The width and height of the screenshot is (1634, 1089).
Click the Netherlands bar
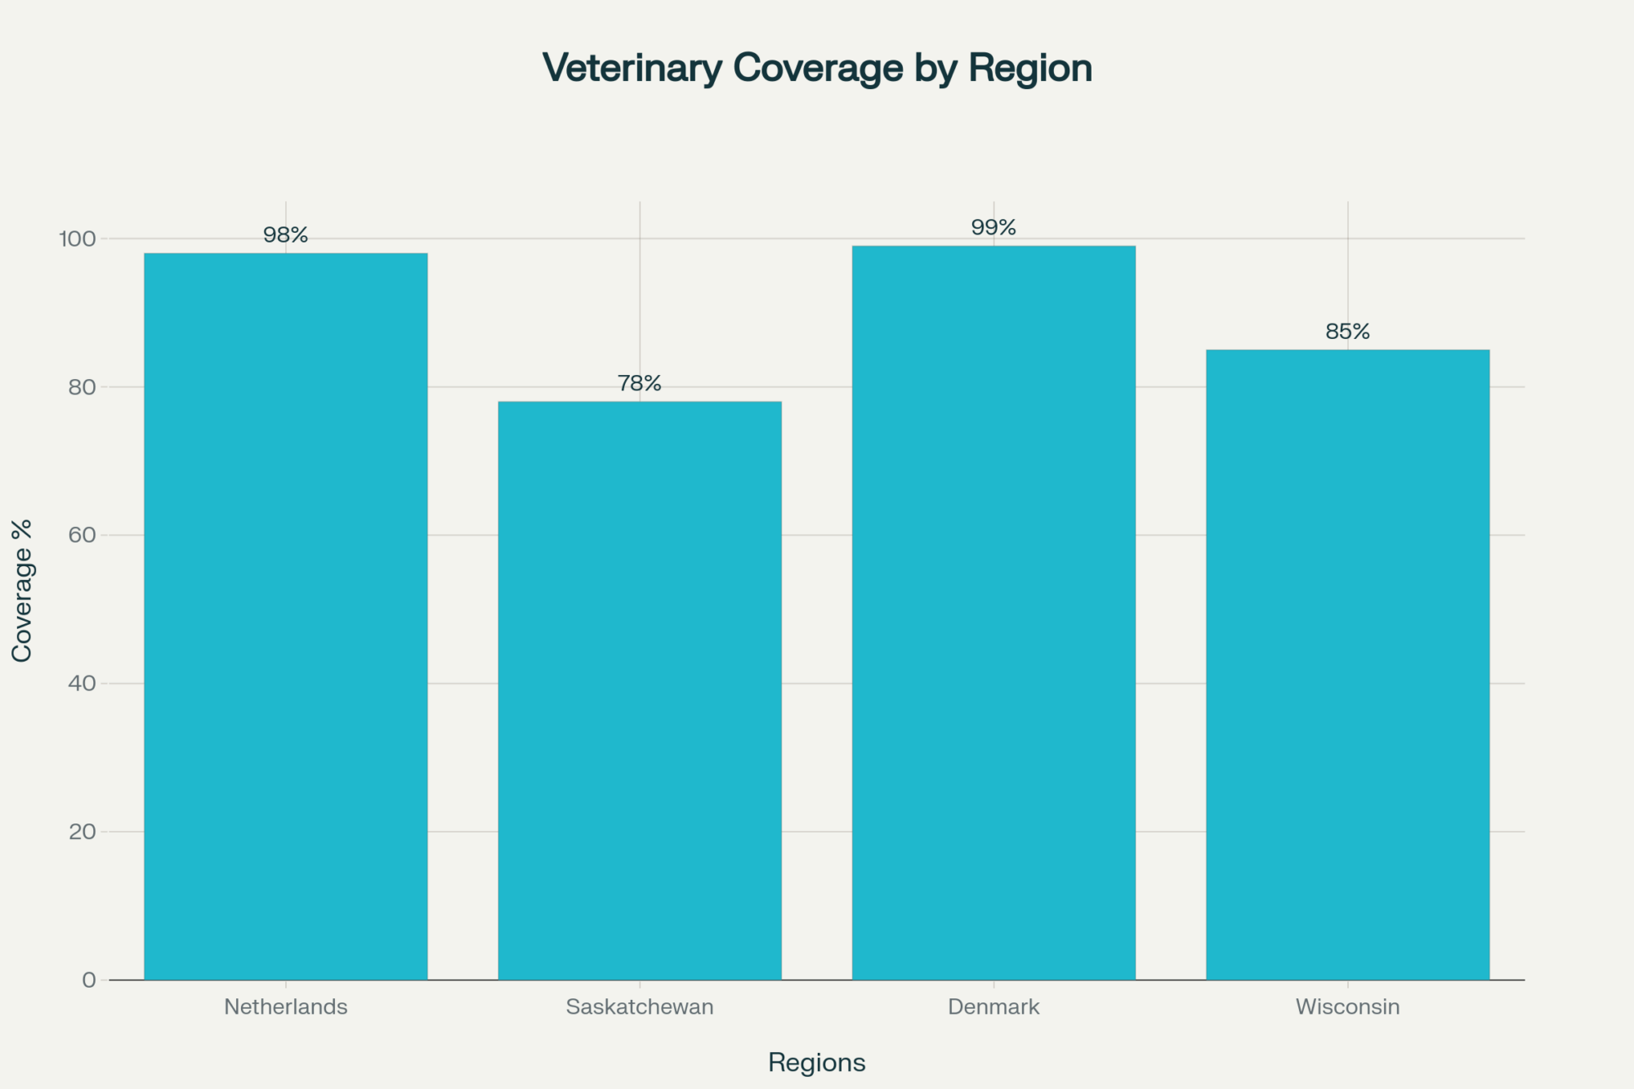tap(286, 616)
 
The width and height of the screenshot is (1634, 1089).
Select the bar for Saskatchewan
tap(640, 690)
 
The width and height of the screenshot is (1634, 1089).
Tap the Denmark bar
tap(993, 613)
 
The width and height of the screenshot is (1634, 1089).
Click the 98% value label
tap(286, 235)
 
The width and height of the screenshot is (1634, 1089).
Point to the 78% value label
tap(640, 383)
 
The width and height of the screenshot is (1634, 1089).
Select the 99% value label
tap(993, 228)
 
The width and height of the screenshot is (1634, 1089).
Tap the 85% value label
tap(1347, 332)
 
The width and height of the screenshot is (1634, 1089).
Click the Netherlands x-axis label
tap(286, 1007)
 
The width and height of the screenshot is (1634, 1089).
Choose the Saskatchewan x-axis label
tap(640, 1007)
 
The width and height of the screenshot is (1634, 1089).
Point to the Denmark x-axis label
tap(993, 1007)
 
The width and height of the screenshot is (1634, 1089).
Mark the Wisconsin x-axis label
tap(1347, 1007)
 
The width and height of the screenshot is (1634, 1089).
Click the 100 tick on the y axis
tap(77, 239)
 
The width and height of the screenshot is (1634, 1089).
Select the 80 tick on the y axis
tap(82, 387)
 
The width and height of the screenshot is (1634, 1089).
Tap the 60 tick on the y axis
tap(82, 535)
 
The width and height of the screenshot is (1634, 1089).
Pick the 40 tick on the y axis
tap(82, 684)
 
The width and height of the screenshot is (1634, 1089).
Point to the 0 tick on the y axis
tap(89, 980)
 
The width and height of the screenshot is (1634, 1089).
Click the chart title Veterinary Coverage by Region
tap(817, 68)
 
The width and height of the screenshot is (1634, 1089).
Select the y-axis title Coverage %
tap(22, 591)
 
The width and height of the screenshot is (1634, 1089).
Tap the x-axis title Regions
tap(817, 1063)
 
